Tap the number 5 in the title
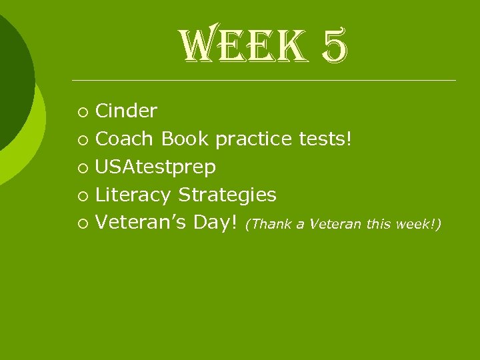(x=333, y=48)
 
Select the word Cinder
(x=126, y=111)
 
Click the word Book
(x=185, y=139)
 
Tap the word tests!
(x=325, y=139)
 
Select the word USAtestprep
(x=155, y=167)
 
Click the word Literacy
(x=133, y=195)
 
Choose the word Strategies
(x=227, y=195)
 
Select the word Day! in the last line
(x=215, y=223)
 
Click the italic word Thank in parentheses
(x=270, y=225)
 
